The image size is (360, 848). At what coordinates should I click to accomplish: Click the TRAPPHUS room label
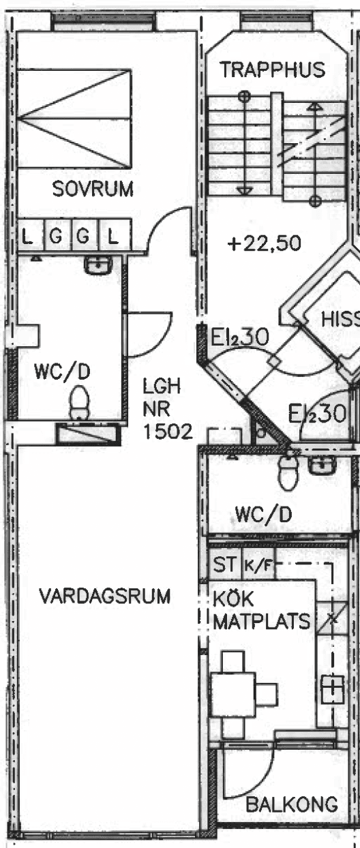tap(273, 70)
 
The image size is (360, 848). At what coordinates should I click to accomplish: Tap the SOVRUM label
tap(93, 189)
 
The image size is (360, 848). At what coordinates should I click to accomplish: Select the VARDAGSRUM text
tap(105, 596)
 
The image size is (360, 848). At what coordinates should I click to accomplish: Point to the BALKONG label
tap(292, 804)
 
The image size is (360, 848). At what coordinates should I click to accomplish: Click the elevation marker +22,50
tap(265, 243)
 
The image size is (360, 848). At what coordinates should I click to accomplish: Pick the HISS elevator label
tap(340, 319)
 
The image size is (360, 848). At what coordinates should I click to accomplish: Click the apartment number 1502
tap(168, 431)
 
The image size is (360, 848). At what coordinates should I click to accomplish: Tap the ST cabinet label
tap(224, 564)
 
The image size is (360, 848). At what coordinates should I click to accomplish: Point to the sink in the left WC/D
tap(97, 264)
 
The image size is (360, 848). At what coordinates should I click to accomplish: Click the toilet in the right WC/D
tap(288, 472)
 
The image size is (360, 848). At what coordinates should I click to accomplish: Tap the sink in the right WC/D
tap(322, 464)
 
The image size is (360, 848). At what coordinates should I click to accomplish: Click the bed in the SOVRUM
tap(74, 119)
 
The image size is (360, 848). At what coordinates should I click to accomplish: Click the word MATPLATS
tap(262, 622)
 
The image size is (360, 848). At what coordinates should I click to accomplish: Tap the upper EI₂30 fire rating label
tap(239, 337)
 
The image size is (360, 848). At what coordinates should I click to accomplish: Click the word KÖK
tap(232, 599)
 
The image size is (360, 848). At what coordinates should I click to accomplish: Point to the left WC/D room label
tap(62, 372)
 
